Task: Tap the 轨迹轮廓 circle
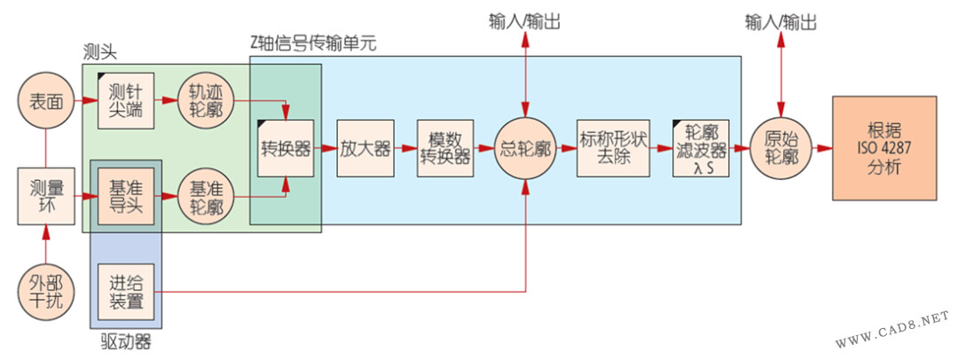[206, 103]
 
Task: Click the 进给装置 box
[126, 292]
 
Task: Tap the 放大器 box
[365, 147]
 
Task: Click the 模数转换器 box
[445, 147]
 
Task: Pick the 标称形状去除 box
[614, 147]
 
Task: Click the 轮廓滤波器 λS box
[701, 147]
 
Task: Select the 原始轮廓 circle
[781, 147]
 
